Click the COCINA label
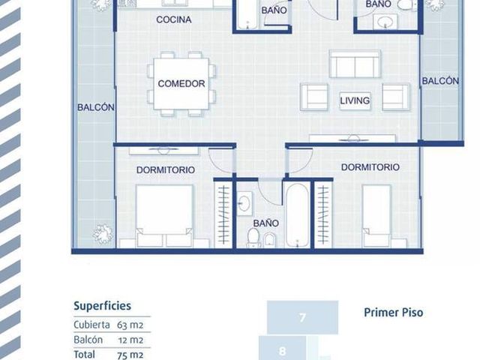(173, 19)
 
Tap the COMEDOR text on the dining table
(181, 83)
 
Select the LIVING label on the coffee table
(355, 100)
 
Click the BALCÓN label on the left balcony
(96, 107)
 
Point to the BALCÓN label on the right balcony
(440, 81)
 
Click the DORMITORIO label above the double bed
(165, 170)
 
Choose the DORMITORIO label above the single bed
(370, 167)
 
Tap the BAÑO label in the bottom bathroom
(265, 223)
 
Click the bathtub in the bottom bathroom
(297, 215)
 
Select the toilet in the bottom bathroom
(253, 238)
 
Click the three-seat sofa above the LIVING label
(355, 64)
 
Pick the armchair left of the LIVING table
(314, 97)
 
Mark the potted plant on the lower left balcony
(103, 234)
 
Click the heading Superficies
(102, 306)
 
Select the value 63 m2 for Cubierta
(130, 325)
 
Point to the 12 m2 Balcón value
(130, 340)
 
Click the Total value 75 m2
(130, 355)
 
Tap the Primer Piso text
(393, 313)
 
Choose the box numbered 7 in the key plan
(302, 317)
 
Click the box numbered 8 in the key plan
(282, 348)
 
